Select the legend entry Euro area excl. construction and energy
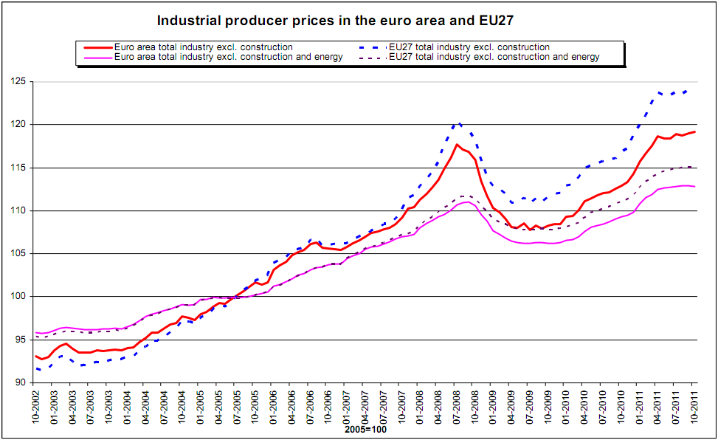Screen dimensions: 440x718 point(227,57)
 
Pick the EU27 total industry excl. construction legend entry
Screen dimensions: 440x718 point(469,47)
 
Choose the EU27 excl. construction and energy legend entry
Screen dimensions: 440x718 point(494,57)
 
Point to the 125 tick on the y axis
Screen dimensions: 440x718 point(17,81)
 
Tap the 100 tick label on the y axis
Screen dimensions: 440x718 point(17,297)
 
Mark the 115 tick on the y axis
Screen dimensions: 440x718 point(17,168)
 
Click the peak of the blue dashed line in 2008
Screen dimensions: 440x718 point(458,123)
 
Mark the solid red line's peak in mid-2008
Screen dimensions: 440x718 point(457,145)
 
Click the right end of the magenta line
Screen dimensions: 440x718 point(694,186)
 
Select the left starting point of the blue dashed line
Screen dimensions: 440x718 point(35,368)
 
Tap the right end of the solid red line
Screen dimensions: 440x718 point(694,132)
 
